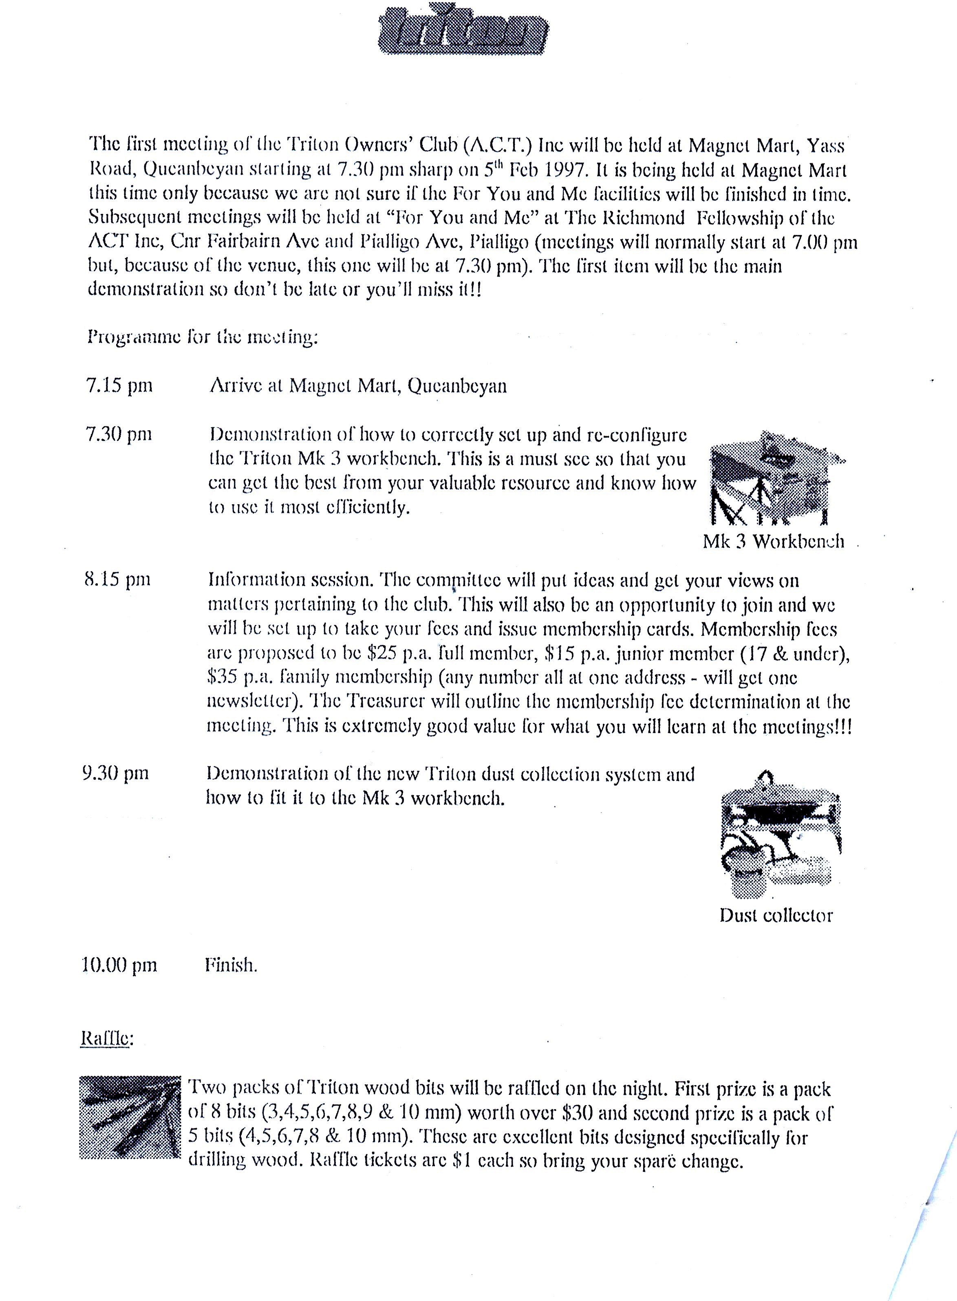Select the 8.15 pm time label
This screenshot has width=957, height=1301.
pyautogui.click(x=118, y=579)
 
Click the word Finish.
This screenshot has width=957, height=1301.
pyautogui.click(x=231, y=965)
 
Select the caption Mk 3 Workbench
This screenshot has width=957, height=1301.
pyautogui.click(x=773, y=541)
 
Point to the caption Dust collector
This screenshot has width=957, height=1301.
pyautogui.click(x=776, y=915)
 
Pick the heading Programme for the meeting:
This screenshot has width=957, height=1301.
pyautogui.click(x=203, y=336)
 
